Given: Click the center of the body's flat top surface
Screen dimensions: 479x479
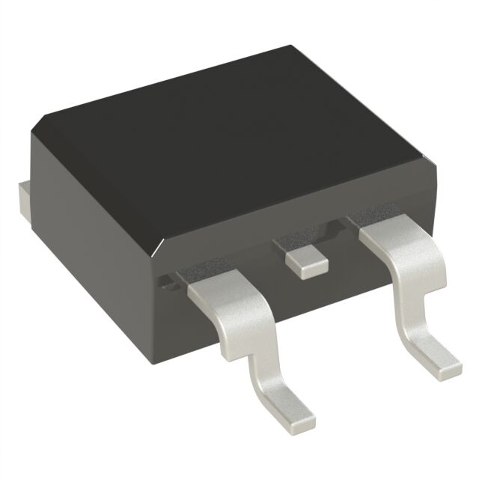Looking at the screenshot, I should click(x=232, y=142).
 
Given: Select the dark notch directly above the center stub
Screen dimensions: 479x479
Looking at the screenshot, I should click(x=296, y=243).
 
